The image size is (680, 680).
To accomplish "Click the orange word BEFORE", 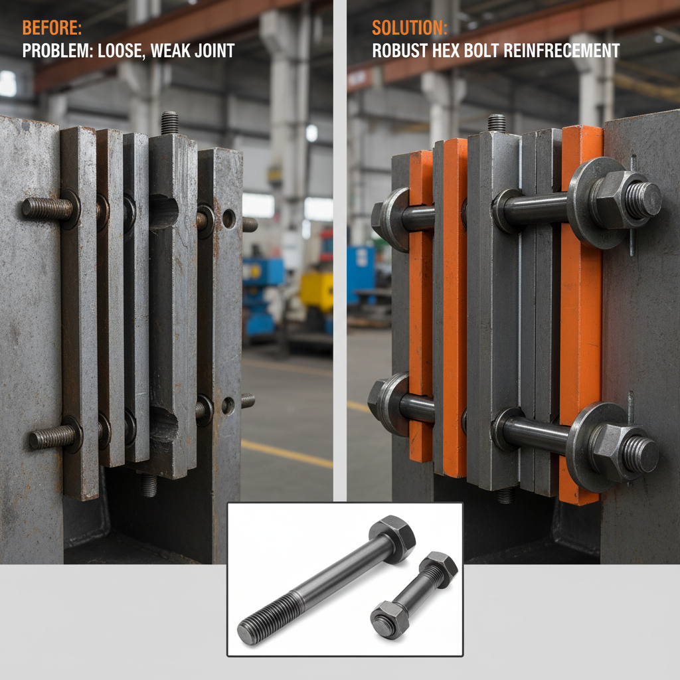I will (52, 29).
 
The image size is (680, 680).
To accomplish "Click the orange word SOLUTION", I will (409, 29).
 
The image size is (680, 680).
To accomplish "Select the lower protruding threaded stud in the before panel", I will (52, 437).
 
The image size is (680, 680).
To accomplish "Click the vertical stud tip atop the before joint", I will (169, 123).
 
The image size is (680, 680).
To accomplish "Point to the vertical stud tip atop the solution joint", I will (497, 123).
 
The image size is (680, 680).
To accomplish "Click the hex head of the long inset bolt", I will (392, 537).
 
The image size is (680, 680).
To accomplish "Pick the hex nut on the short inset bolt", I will (390, 619).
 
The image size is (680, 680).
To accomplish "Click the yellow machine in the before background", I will (316, 290).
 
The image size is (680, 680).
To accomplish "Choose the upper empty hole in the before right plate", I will (229, 218).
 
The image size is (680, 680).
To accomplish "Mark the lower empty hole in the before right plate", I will (228, 405).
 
